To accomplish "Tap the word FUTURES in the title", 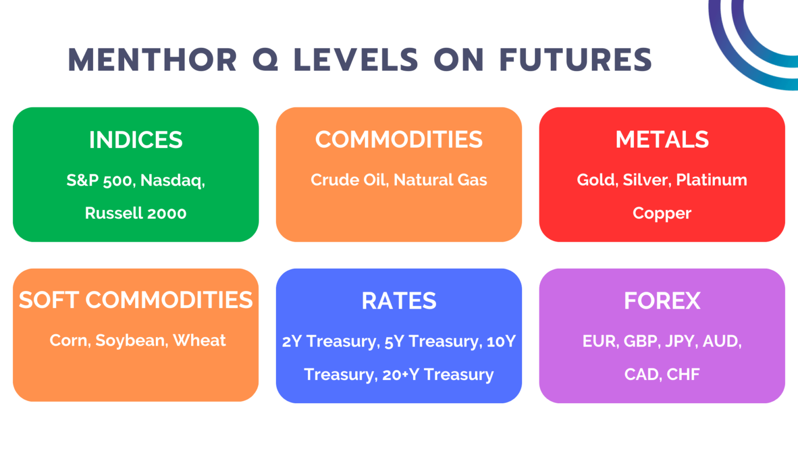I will tap(575, 60).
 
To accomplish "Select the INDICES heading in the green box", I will tap(136, 140).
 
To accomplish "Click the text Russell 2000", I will tap(136, 213).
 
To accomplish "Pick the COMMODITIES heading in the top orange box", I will tap(398, 140).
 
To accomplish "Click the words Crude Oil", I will tap(349, 180).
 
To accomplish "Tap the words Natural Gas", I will tap(440, 180).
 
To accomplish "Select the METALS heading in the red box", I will tap(662, 140).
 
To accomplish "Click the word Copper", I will tap(662, 214).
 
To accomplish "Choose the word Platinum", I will tap(711, 180).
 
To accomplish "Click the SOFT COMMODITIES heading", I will tap(136, 300).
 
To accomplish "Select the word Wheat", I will tap(199, 340).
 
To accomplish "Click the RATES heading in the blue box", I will tap(398, 301).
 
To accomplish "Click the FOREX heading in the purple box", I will tap(662, 301).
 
